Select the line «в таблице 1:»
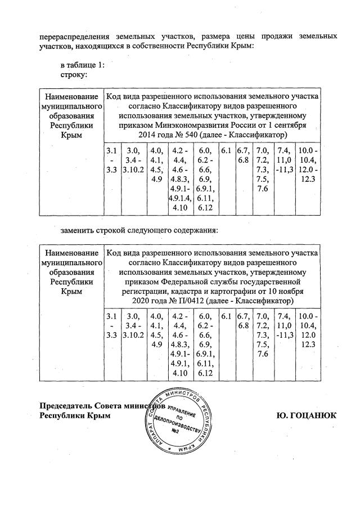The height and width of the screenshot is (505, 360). pos(83,65)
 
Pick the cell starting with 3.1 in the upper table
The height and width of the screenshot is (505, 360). pos(111,160)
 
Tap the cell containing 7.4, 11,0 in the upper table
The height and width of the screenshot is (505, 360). pos(285,160)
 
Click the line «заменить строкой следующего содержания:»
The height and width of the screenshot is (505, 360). pos(139,230)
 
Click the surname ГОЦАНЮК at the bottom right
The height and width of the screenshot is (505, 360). pos(306,415)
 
